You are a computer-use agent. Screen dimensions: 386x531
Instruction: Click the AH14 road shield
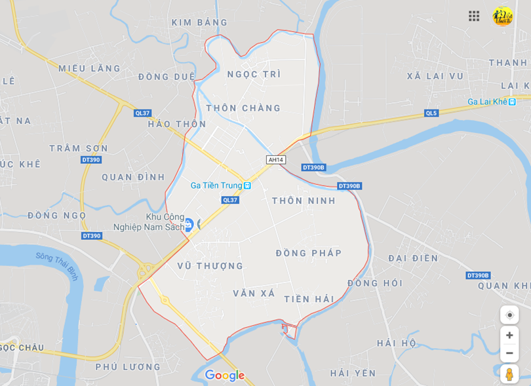coord(276,159)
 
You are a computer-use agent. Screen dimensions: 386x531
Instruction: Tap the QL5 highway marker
coord(431,113)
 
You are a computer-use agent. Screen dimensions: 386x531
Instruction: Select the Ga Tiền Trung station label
coord(221,185)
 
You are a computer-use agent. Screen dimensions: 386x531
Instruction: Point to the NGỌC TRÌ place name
coord(254,74)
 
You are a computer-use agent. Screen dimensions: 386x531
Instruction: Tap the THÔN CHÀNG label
coord(243,108)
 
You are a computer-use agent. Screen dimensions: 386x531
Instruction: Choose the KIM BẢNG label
coord(199,22)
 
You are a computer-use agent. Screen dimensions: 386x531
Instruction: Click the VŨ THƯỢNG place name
coord(210,266)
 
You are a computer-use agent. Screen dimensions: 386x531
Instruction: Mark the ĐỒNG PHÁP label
coord(309,253)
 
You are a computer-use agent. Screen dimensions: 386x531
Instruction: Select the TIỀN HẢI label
coord(309,299)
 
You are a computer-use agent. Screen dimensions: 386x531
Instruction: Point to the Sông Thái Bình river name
coord(57,266)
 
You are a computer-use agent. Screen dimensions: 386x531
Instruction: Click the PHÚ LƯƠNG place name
coord(128,367)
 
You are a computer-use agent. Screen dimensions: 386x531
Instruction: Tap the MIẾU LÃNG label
coord(90,68)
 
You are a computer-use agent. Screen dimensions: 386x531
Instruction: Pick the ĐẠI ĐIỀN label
coord(413,258)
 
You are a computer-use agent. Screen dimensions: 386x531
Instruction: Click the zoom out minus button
coord(509,353)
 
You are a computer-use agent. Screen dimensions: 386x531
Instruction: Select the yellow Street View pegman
coord(509,375)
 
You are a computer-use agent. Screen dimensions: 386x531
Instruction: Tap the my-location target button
coord(509,315)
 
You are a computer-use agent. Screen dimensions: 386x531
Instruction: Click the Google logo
coord(224,376)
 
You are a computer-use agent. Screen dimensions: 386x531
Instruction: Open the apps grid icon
coord(474,16)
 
